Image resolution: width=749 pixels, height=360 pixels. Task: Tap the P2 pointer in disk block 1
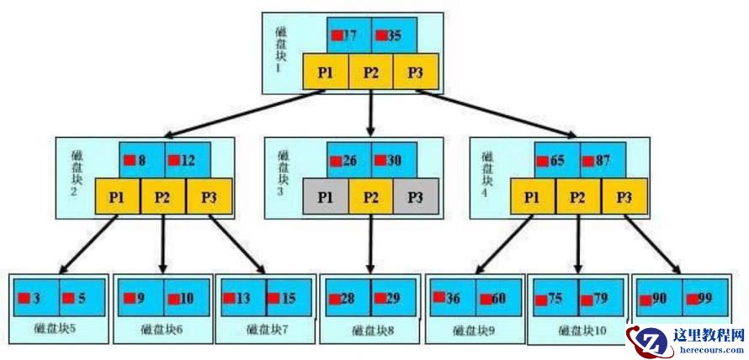pyautogui.click(x=371, y=72)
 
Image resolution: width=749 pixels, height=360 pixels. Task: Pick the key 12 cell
pyautogui.click(x=186, y=159)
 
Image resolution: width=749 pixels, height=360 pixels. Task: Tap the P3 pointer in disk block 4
pyautogui.click(x=623, y=197)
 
